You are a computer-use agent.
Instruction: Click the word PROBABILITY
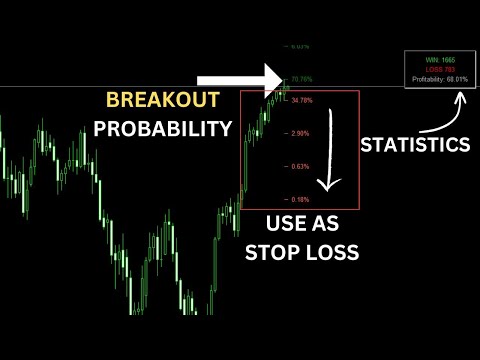[x=163, y=128]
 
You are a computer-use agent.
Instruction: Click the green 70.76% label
[x=301, y=78]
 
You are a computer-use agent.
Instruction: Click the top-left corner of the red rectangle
[x=241, y=91]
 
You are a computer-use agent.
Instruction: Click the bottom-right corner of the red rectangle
[x=361, y=210]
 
